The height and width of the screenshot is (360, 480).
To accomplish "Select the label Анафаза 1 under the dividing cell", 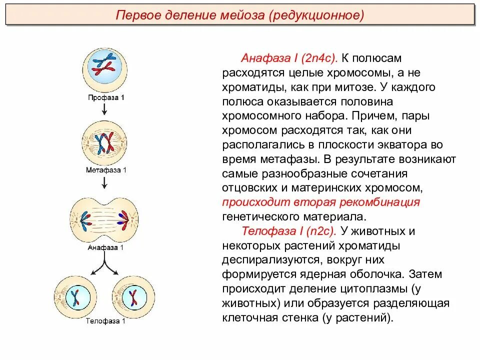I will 105,247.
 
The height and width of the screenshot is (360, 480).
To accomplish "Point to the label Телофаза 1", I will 105,321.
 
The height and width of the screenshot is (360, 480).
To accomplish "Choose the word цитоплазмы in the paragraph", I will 373,289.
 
